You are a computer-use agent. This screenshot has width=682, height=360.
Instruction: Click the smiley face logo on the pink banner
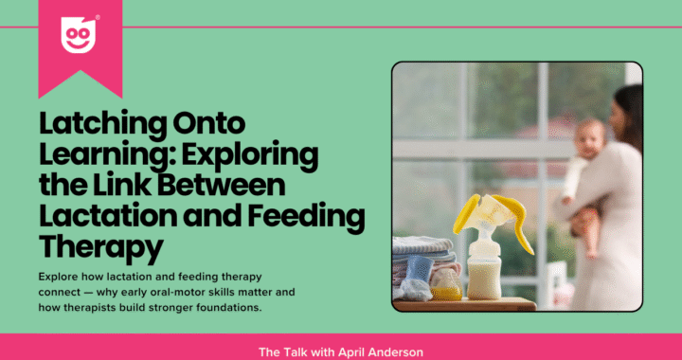[79, 35]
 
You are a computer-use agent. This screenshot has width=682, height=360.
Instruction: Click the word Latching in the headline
[102, 124]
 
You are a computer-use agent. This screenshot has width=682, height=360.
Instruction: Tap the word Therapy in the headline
[101, 249]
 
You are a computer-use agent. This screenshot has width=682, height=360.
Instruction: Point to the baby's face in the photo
[589, 139]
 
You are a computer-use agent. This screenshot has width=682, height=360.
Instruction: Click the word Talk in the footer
[287, 351]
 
